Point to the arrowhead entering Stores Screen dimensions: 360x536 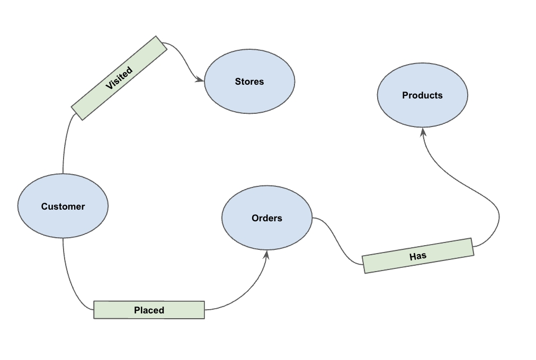[200, 80]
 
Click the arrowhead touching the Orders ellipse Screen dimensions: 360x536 [266, 255]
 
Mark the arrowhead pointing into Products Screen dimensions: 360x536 [423, 132]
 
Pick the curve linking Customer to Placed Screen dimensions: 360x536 [69, 281]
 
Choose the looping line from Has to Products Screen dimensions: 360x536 [477, 191]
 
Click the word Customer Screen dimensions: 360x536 [63, 206]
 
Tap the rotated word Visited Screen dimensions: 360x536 [119, 78]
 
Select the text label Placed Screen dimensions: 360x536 [149, 310]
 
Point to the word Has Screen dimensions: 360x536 [418, 256]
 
